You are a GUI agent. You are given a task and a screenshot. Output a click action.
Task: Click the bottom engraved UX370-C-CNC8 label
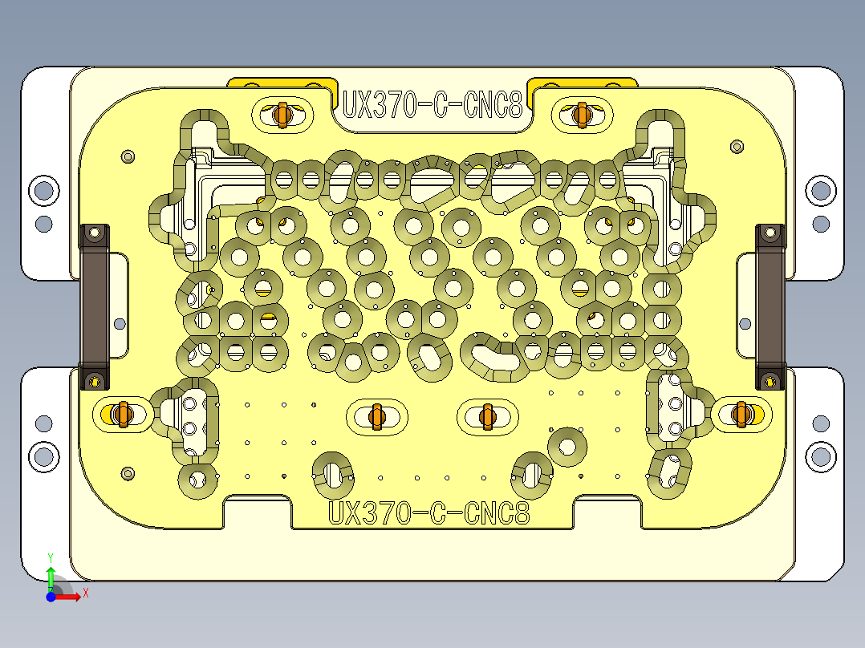(430, 513)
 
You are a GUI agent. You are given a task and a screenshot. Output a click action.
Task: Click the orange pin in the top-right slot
(582, 115)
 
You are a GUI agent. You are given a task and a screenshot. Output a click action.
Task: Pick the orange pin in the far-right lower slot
(742, 414)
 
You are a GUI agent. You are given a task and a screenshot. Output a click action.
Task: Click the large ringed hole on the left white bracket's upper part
(43, 191)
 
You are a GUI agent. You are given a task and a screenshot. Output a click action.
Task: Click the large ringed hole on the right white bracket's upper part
(820, 191)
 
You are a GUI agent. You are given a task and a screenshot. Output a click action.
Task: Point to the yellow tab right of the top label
(583, 83)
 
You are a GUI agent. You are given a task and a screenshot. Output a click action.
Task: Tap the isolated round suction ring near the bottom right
(567, 448)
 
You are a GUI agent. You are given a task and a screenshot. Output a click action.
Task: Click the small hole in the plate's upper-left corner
(126, 156)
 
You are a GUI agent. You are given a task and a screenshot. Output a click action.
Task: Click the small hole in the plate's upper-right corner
(737, 146)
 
